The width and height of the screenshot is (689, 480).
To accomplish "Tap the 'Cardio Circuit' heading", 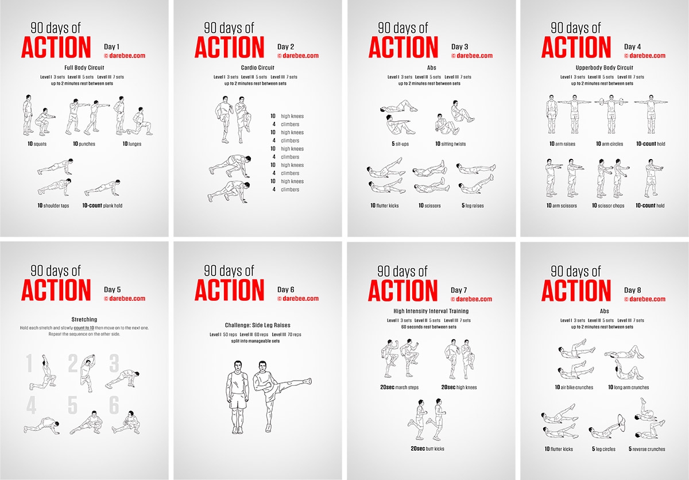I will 256,68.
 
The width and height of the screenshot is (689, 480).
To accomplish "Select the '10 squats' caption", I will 36,144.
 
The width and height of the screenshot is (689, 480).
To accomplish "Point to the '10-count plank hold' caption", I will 102,205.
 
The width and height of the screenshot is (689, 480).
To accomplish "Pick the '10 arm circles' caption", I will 610,144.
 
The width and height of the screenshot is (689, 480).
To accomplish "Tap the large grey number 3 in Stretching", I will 114,363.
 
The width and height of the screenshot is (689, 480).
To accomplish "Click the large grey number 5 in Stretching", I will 72,405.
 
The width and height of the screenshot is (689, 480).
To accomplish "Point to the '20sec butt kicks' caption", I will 427,448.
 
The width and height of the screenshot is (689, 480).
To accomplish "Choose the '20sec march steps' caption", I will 399,388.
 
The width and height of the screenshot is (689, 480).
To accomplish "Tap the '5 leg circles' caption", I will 602,449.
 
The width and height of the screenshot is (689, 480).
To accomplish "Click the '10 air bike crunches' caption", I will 574,388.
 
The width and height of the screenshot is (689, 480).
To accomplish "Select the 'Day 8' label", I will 633,290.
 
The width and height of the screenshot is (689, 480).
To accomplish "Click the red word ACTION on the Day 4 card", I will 576,47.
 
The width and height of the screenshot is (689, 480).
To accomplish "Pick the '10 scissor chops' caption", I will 610,205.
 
